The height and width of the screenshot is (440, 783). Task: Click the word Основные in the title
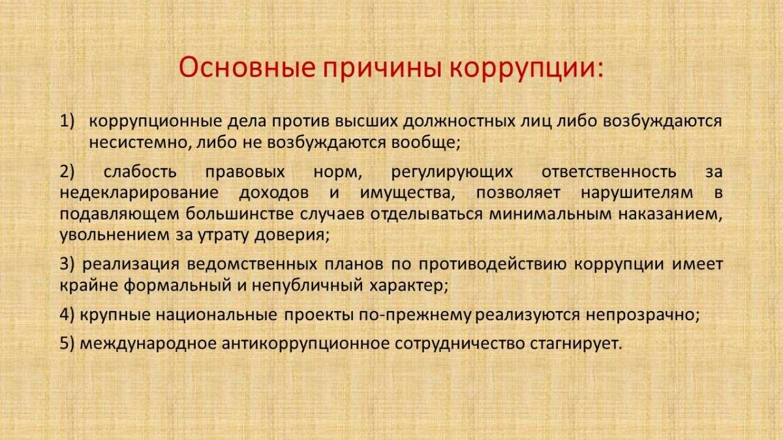pos(247,67)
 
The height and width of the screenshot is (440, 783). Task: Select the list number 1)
pos(67,121)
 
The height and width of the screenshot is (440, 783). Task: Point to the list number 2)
pos(67,172)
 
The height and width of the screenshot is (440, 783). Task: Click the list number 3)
pos(67,265)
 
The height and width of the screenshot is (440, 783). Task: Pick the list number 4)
pos(67,315)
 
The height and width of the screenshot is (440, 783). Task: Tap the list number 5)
pos(67,344)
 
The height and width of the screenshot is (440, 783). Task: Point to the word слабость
pos(140,172)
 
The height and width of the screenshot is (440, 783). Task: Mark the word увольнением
pos(115,235)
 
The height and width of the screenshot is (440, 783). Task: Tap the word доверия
pos(292,235)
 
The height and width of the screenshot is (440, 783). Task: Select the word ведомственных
pos(252,265)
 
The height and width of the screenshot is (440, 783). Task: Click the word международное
pos(148,344)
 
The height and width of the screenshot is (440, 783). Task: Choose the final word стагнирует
pos(576,344)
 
